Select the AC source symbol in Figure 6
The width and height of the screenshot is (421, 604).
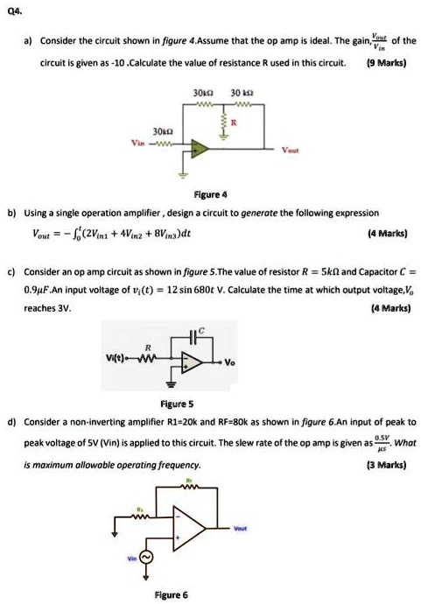(x=145, y=558)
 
